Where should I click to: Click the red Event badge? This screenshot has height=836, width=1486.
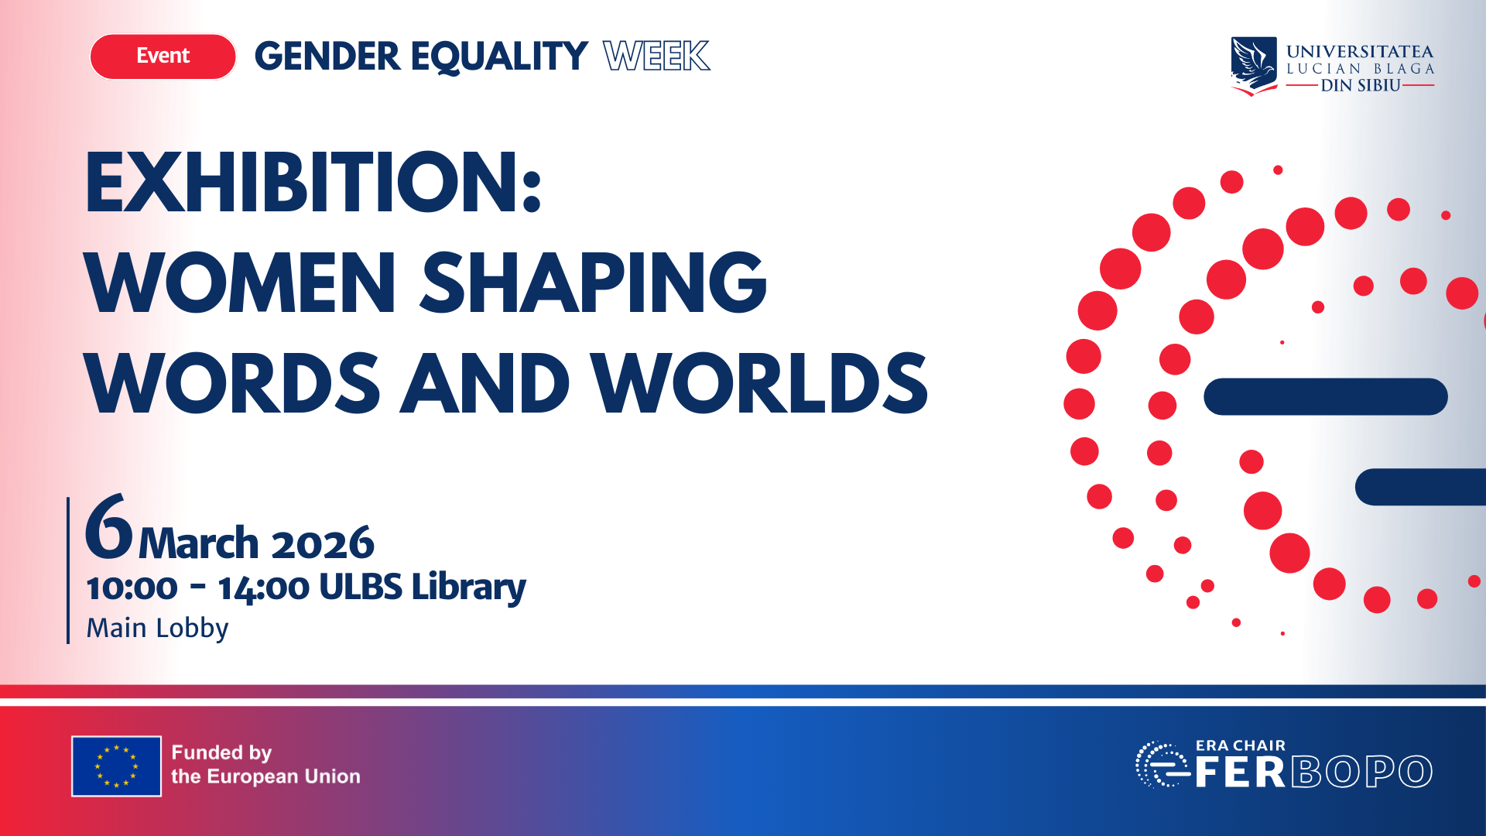pos(163,57)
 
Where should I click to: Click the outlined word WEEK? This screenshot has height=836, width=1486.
pos(656,57)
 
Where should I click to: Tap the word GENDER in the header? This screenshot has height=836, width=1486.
pos(327,57)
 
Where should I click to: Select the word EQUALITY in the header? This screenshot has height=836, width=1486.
pos(499,57)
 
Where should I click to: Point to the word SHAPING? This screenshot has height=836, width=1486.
pos(594,283)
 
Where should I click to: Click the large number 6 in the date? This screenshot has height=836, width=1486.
pos(108,528)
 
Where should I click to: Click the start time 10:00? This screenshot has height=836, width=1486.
pos(132,588)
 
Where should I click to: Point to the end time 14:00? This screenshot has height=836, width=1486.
pos(264,588)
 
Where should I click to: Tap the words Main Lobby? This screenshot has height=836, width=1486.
pos(157,628)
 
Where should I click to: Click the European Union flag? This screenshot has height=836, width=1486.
pos(116,766)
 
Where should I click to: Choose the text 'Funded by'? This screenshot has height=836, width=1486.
pos(221,752)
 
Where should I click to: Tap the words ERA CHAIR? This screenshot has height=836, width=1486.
pos(1240,745)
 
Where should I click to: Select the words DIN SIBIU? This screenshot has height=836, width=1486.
pos(1360,86)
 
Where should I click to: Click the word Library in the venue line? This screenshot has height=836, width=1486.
pos(468,588)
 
